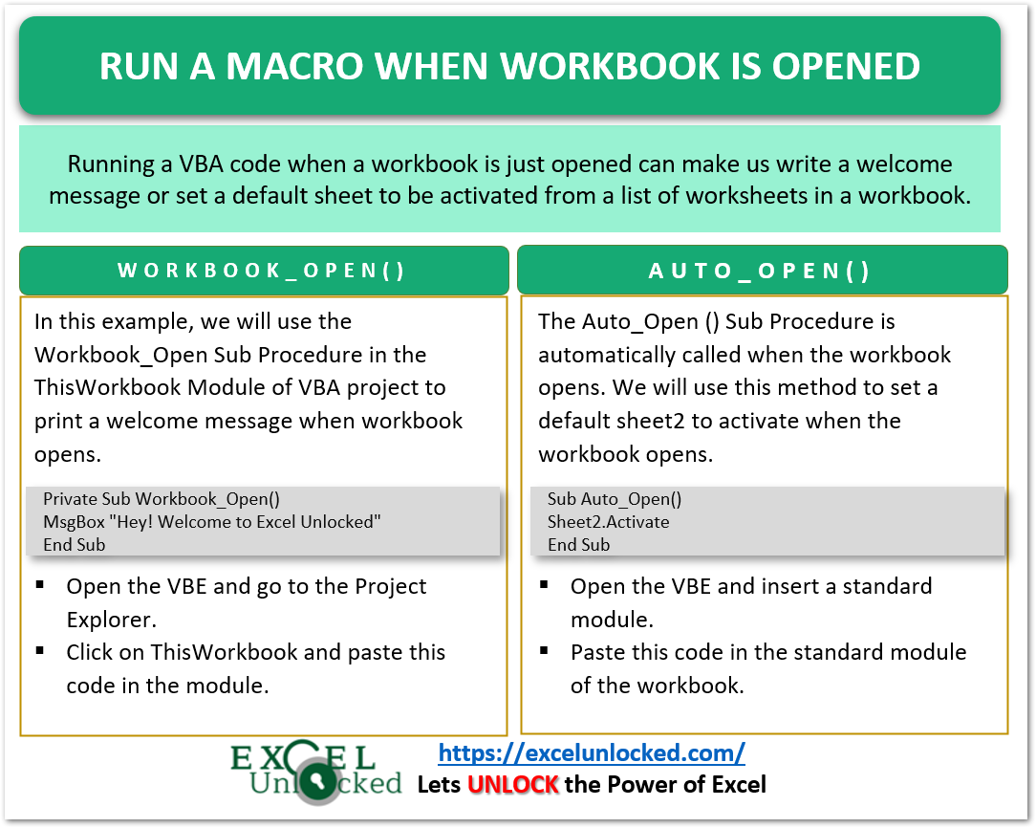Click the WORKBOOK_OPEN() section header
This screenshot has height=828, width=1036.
262,271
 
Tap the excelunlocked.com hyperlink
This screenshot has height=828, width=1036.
592,752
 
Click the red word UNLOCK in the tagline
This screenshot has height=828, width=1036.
512,785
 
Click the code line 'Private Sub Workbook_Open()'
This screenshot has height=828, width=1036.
162,499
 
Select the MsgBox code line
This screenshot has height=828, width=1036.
212,522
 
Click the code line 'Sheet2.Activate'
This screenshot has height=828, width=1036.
608,522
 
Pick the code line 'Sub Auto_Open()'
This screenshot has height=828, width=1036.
615,499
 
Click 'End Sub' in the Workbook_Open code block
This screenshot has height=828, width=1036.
75,545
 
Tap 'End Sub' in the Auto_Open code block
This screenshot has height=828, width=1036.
578,545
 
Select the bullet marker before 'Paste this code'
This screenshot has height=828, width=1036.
544,651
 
